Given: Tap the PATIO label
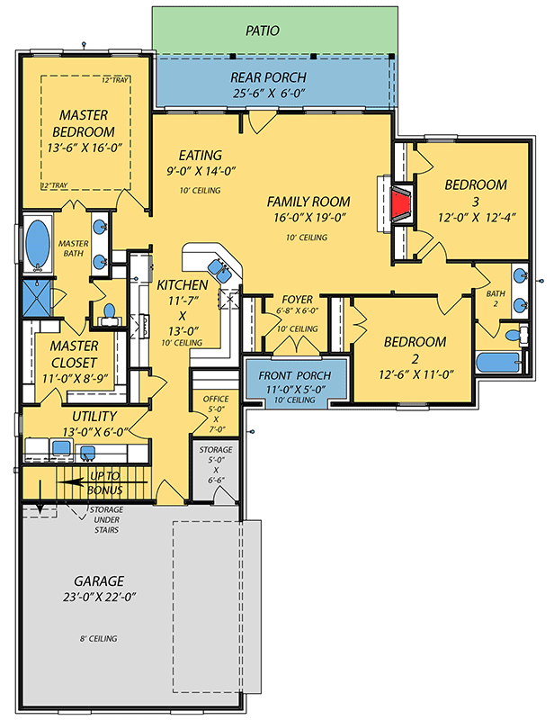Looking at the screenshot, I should (263, 31).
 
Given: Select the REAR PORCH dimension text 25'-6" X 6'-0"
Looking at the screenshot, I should (269, 93).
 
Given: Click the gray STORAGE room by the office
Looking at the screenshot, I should (215, 468).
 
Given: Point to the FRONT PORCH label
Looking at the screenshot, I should (294, 375).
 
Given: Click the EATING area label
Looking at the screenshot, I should (200, 155).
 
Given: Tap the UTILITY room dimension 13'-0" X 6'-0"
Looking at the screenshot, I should (82, 432).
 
